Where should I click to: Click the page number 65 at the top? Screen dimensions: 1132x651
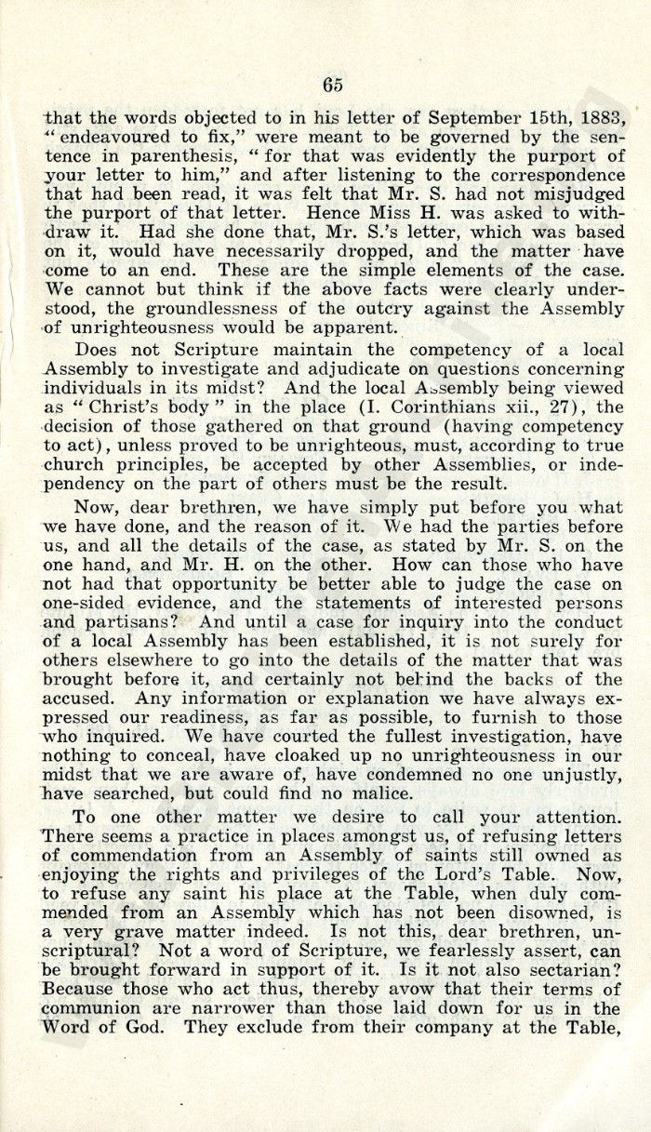click(333, 85)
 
